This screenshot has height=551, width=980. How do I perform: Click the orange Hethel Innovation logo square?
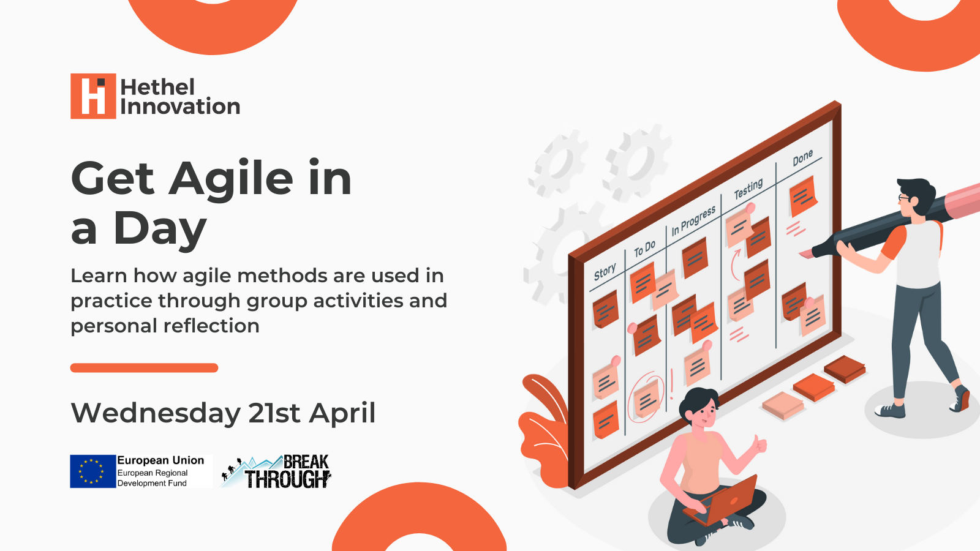pyautogui.click(x=93, y=96)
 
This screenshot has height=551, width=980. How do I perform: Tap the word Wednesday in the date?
pyautogui.click(x=156, y=413)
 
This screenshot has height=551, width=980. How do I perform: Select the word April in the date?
pyautogui.click(x=342, y=413)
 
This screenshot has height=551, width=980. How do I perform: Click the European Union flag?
pyautogui.click(x=92, y=471)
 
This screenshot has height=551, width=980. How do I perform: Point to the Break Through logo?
pyautogui.click(x=276, y=471)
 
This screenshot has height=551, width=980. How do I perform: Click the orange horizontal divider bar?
pyautogui.click(x=145, y=368)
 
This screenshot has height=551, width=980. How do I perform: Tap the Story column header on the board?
pyautogui.click(x=605, y=272)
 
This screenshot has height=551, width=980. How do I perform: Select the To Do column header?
pyautogui.click(x=645, y=249)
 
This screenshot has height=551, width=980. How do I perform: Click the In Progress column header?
pyautogui.click(x=693, y=220)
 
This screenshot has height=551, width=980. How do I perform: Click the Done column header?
pyautogui.click(x=803, y=158)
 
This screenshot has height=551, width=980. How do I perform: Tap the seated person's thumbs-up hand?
pyautogui.click(x=760, y=444)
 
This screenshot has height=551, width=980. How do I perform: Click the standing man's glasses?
pyautogui.click(x=904, y=198)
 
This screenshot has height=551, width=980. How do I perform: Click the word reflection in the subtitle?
pyautogui.click(x=211, y=326)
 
